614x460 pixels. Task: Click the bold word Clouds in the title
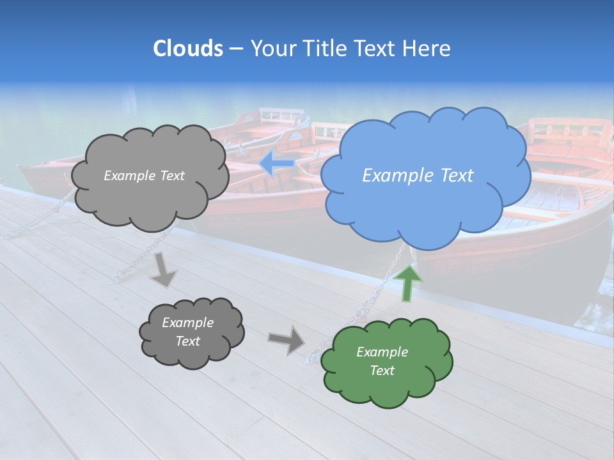(188, 49)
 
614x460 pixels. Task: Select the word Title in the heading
(324, 49)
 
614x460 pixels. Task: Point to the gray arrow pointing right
(287, 339)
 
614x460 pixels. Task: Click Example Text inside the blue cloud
(418, 176)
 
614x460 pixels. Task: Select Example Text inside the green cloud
(382, 361)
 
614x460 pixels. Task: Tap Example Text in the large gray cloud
(144, 176)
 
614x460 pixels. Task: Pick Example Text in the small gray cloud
(187, 332)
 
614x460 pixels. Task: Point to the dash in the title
(236, 49)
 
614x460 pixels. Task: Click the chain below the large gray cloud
(138, 259)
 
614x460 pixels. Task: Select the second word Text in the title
(375, 49)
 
